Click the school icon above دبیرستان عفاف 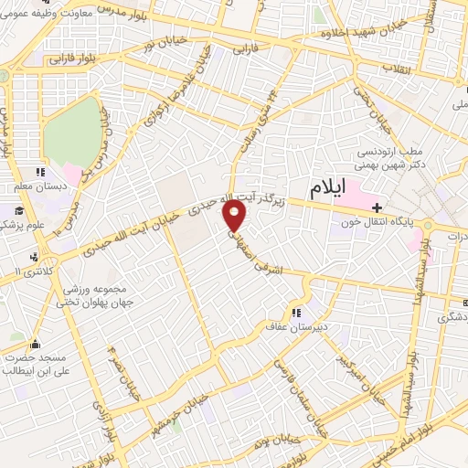[x=295, y=312]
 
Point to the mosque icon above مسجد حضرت [x=36, y=345]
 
